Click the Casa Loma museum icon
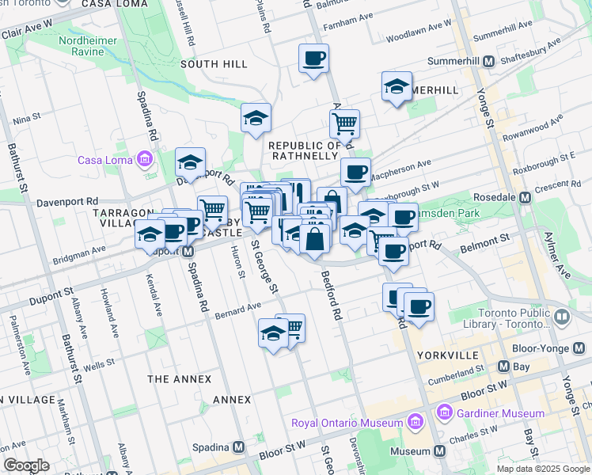(x=144, y=160)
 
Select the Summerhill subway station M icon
(x=489, y=61)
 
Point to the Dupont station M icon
(x=188, y=252)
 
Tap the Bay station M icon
(x=503, y=367)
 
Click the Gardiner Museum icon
(x=443, y=412)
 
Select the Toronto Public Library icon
(x=562, y=317)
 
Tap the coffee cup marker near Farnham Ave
(x=313, y=59)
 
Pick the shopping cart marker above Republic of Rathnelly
(x=344, y=123)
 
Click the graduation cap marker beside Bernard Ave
(x=272, y=333)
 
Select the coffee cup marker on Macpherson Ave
(x=355, y=173)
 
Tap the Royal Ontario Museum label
(x=347, y=423)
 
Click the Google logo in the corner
(x=26, y=465)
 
